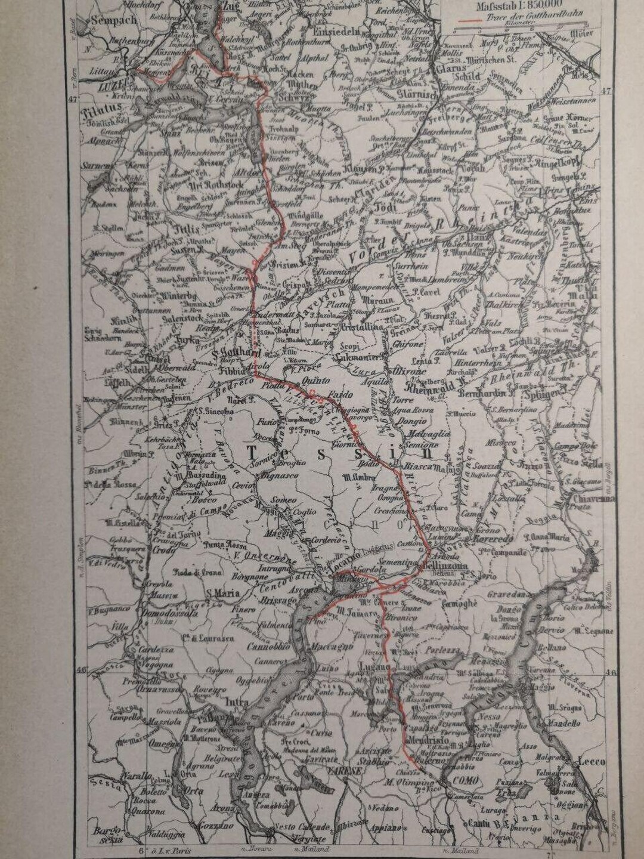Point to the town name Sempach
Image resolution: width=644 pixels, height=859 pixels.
tap(115, 19)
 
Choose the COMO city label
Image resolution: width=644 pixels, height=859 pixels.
tap(466, 781)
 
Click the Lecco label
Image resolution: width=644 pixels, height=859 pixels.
tap(591, 761)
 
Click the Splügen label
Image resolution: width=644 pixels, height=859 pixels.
tap(552, 393)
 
